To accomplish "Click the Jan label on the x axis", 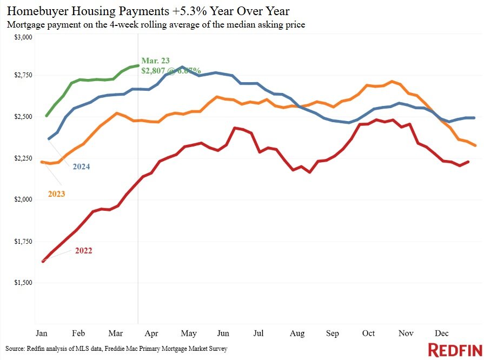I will point(41,333).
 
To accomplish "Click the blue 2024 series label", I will point(81,166).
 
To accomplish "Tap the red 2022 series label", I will point(83,250).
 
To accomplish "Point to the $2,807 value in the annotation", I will point(155,70).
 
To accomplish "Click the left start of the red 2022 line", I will point(43,261).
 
